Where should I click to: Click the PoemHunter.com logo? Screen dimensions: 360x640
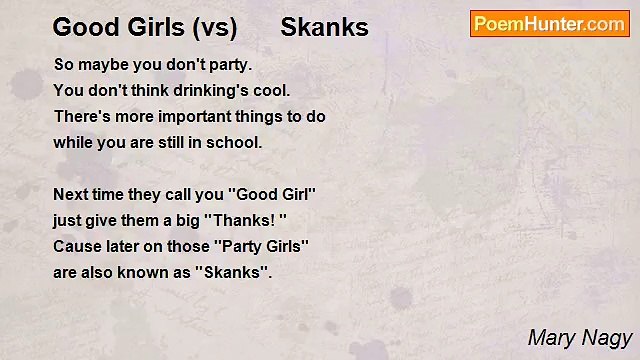pyautogui.click(x=549, y=24)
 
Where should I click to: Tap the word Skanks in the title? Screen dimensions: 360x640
pyautogui.click(x=324, y=27)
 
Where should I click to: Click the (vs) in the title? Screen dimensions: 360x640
pyautogui.click(x=210, y=27)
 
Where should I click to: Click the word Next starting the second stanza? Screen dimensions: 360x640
pyautogui.click(x=71, y=194)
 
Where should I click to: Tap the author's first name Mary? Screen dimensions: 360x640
pyautogui.click(x=551, y=338)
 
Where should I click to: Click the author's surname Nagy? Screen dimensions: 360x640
pyautogui.click(x=607, y=338)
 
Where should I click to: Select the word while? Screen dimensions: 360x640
pyautogui.click(x=72, y=142)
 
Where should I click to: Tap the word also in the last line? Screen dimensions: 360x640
pyautogui.click(x=101, y=272)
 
